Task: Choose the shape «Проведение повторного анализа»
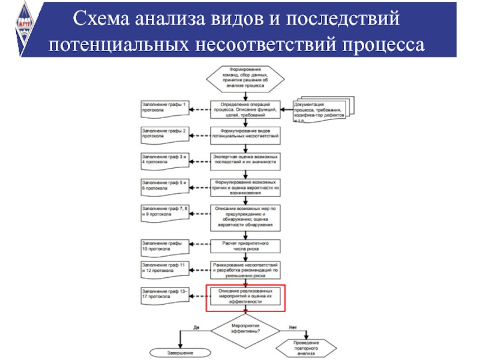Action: [307, 349]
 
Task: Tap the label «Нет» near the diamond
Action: [293, 327]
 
